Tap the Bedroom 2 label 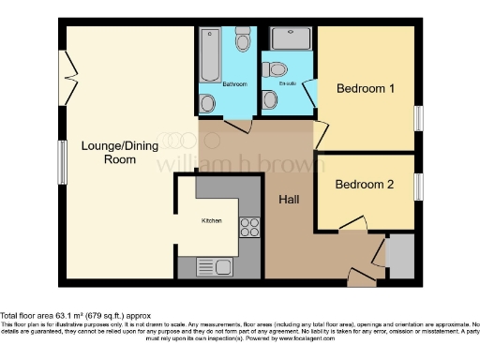pyautogui.click(x=364, y=185)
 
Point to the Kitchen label pyautogui.click(x=213, y=220)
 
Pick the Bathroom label pyautogui.click(x=234, y=84)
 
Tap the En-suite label pyautogui.click(x=288, y=84)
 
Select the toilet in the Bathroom pyautogui.click(x=243, y=42)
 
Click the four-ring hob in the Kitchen pyautogui.click(x=250, y=226)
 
